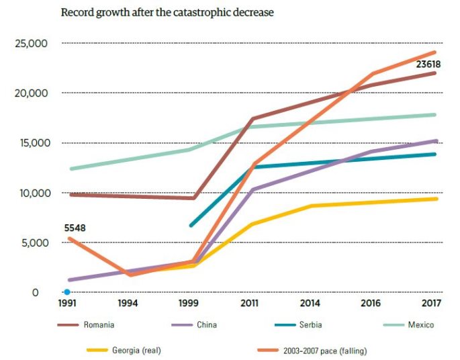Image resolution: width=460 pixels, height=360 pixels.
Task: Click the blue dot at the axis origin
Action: tap(67, 292)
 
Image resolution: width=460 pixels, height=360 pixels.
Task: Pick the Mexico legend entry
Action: tap(420, 326)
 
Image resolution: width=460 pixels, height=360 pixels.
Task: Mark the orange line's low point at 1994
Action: tap(130, 275)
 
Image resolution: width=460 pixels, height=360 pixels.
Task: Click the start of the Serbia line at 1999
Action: tap(191, 226)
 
